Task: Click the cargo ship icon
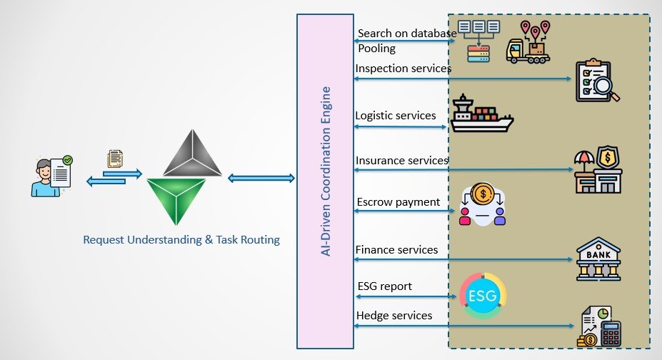481,114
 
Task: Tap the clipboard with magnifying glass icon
598,81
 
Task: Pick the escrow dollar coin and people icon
482,204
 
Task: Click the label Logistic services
396,115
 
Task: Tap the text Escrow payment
398,201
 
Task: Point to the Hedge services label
394,315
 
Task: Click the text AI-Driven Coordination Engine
326,171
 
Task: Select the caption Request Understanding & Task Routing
181,240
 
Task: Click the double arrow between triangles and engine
261,178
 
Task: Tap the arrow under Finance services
463,259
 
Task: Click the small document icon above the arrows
114,159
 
